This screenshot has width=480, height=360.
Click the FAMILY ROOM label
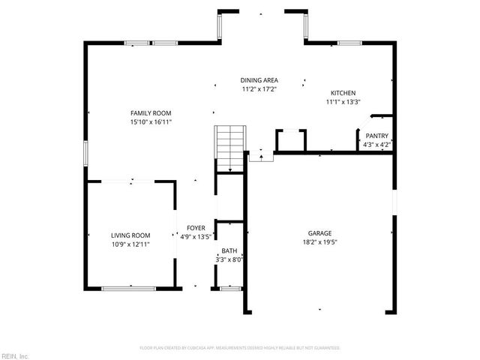pos(151,112)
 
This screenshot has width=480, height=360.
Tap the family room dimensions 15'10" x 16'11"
pos(151,121)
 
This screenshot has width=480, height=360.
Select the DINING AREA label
pos(259,80)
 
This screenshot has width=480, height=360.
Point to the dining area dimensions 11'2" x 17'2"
pos(259,89)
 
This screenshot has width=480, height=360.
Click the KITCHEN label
pos(343,93)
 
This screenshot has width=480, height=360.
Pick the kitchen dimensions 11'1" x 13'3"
pos(343,102)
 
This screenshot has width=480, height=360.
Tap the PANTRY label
pos(376,136)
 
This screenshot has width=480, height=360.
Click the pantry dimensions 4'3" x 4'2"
pos(376,144)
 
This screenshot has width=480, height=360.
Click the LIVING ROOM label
pos(131,235)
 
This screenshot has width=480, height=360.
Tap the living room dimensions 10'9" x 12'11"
pos(131,244)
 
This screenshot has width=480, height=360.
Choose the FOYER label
pos(196,227)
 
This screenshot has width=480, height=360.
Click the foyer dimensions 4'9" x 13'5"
pos(196,236)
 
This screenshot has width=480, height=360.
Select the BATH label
pos(229,251)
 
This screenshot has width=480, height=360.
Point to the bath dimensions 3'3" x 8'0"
pos(229,260)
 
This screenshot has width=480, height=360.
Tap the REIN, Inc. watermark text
pos(15,355)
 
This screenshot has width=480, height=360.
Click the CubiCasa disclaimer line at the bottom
pos(240,348)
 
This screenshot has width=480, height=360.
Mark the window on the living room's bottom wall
pos(129,288)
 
